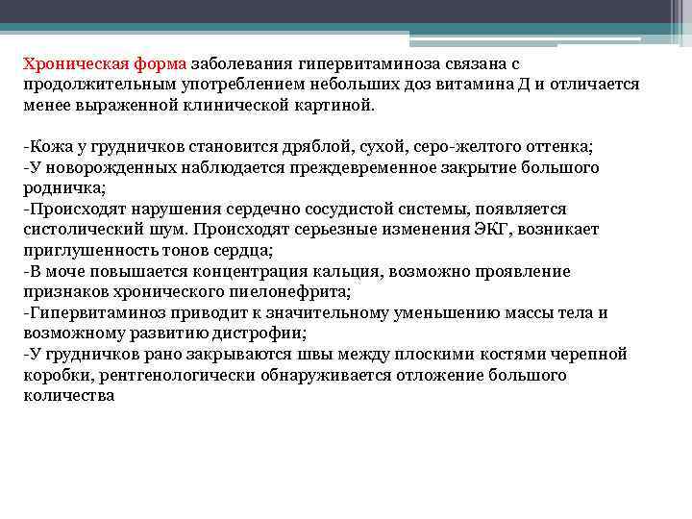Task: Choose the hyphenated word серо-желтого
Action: [466, 146]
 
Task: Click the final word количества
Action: [69, 396]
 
